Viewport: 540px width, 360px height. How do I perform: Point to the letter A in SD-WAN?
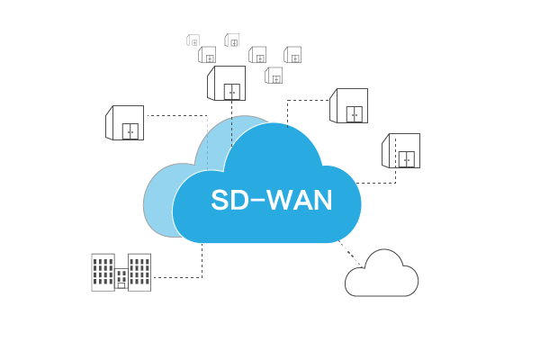point(303,200)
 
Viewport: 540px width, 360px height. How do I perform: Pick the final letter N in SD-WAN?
point(323,200)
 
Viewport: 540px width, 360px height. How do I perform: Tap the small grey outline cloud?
point(382,276)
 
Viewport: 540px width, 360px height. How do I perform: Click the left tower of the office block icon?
point(103,272)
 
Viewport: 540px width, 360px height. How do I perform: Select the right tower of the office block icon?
point(139,272)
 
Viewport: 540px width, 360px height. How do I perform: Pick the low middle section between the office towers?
point(121,279)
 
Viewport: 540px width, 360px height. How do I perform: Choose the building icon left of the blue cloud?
point(125,123)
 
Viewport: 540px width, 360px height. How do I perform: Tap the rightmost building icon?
point(401,150)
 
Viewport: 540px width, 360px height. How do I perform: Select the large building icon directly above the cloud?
point(227,84)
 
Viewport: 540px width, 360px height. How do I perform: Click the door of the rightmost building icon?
point(407,158)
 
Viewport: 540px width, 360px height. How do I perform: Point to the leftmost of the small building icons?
point(193,40)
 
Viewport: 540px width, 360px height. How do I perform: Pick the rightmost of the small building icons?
point(292,55)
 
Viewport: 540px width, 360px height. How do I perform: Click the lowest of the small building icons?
point(274,76)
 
